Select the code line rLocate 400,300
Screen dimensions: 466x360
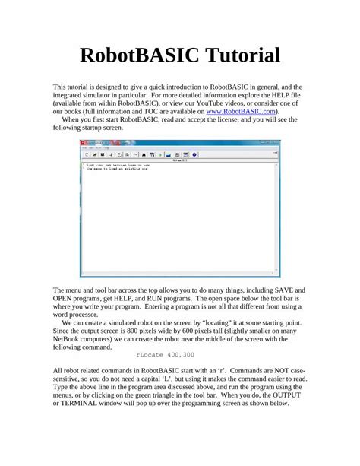[x=165, y=354]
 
